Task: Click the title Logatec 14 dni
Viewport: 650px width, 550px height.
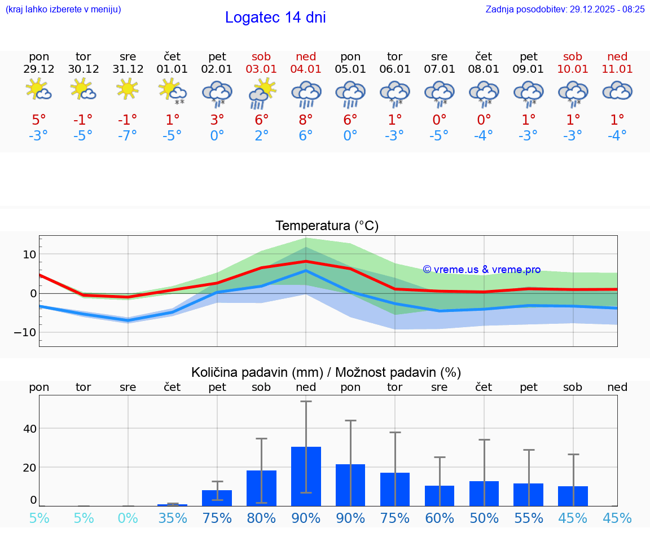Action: click(275, 17)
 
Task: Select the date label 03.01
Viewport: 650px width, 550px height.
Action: click(261, 69)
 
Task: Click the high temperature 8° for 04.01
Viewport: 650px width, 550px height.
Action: click(306, 120)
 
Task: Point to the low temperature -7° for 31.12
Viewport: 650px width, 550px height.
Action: click(128, 136)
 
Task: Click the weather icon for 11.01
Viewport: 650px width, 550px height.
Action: click(617, 90)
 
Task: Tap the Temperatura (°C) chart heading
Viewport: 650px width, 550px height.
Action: click(327, 226)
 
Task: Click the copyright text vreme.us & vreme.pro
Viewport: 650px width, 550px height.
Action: click(482, 270)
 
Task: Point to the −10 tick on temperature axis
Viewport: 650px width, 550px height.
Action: click(25, 332)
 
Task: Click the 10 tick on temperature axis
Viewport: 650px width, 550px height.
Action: click(30, 254)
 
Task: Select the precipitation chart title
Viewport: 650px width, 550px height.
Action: click(326, 372)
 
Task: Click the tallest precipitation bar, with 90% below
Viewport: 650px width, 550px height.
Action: click(306, 476)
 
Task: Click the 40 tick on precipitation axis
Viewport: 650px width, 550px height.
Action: click(30, 429)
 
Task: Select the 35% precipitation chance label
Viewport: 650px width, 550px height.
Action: click(173, 518)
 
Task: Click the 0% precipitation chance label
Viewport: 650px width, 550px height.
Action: click(128, 518)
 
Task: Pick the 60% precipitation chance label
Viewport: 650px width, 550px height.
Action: click(440, 518)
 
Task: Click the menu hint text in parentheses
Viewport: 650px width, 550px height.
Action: click(63, 9)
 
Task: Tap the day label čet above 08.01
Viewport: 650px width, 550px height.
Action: click(484, 56)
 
